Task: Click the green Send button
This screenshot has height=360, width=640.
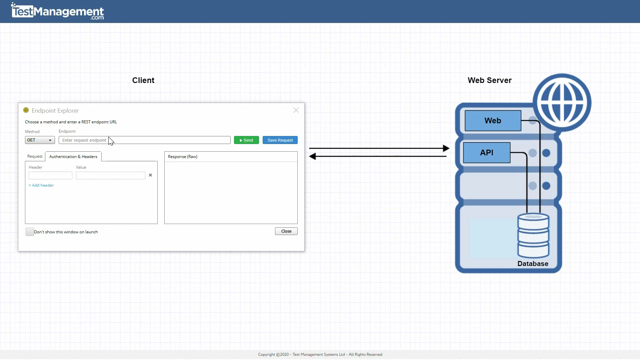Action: (x=246, y=140)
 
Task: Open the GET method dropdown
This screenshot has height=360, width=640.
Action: (x=40, y=140)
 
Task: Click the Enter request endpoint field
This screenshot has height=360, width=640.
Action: (x=144, y=140)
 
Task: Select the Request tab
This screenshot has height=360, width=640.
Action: (x=35, y=156)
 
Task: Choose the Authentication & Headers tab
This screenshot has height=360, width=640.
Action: (x=73, y=157)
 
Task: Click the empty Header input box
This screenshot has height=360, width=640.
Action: (x=50, y=176)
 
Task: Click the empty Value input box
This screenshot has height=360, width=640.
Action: (x=110, y=176)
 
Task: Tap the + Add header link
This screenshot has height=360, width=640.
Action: (x=41, y=185)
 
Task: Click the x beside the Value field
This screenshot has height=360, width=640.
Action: (x=150, y=175)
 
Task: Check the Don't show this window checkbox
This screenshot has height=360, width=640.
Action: (x=30, y=232)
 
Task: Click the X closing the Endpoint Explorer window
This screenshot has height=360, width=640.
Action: (x=296, y=110)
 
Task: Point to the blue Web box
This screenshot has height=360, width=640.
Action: (x=493, y=121)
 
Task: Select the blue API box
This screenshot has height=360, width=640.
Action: (x=486, y=153)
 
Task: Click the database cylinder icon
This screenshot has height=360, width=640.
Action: (x=533, y=235)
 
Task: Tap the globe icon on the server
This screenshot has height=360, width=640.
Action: (x=562, y=102)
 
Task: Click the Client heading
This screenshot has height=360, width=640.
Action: (x=143, y=80)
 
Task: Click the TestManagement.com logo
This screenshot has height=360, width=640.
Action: (x=57, y=12)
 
